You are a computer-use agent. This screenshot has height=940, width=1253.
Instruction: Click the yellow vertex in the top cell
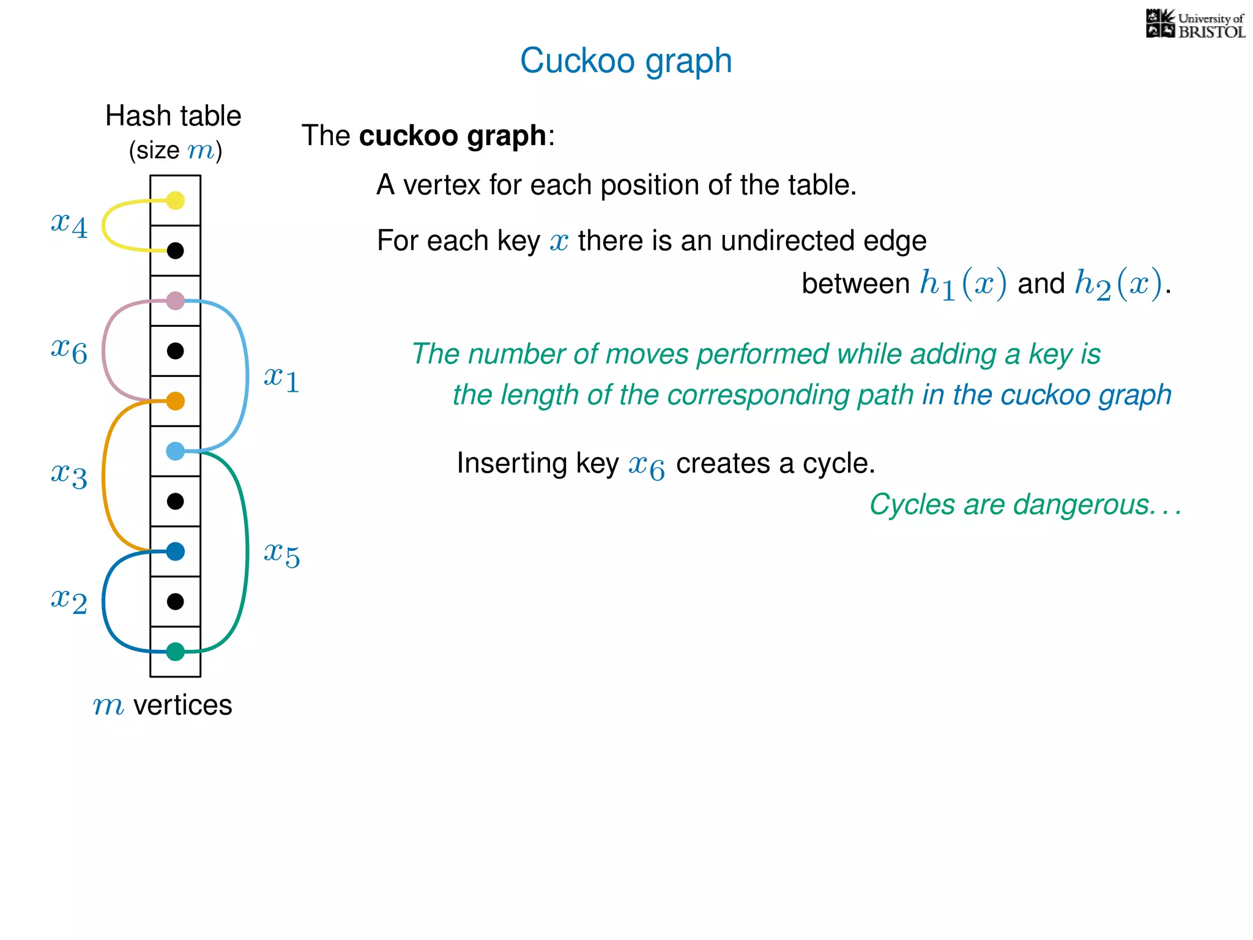point(176,200)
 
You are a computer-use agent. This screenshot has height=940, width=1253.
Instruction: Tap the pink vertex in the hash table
point(176,300)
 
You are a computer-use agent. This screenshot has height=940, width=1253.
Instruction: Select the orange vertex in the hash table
point(176,401)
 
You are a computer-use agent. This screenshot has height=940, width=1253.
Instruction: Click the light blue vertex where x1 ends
point(176,451)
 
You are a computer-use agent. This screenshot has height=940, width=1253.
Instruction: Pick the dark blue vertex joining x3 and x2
point(176,551)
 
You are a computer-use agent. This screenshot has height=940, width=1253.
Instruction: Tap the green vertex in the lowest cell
point(176,652)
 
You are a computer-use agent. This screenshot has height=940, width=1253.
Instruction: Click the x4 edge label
point(69,225)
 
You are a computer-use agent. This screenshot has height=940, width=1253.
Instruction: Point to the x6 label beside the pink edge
point(69,351)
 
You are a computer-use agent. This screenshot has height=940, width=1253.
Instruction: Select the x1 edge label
point(281,379)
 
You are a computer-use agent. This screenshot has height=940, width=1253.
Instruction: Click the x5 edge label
point(281,554)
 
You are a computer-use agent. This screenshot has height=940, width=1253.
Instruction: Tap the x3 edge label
point(69,476)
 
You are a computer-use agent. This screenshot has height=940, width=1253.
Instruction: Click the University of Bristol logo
point(1195,24)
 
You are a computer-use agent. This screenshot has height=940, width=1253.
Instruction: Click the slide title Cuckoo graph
point(626,61)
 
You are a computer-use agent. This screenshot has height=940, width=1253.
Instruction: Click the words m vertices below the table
point(163,705)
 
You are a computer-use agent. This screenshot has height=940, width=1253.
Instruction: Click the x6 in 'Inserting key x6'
point(646,466)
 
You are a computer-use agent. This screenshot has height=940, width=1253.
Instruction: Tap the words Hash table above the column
point(173,116)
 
